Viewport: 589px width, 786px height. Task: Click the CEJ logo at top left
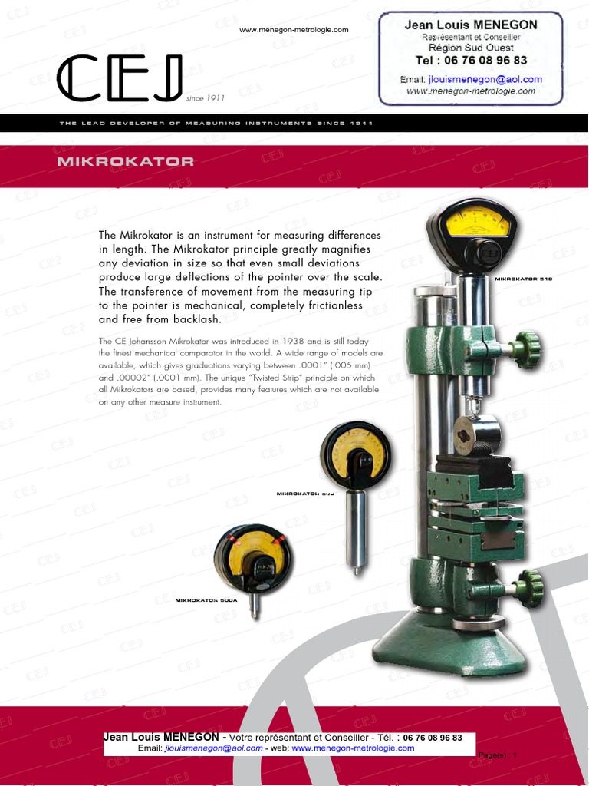point(120,78)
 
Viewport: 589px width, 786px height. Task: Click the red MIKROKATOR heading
point(125,162)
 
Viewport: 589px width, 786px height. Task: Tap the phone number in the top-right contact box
point(471,60)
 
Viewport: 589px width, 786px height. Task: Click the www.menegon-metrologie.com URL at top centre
point(294,30)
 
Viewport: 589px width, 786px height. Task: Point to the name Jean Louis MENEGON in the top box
point(471,25)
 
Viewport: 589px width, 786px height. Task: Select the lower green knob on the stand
point(529,588)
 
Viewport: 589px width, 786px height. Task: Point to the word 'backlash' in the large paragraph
point(196,319)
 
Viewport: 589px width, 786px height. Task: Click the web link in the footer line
point(353,748)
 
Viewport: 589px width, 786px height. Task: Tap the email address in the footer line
point(213,748)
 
